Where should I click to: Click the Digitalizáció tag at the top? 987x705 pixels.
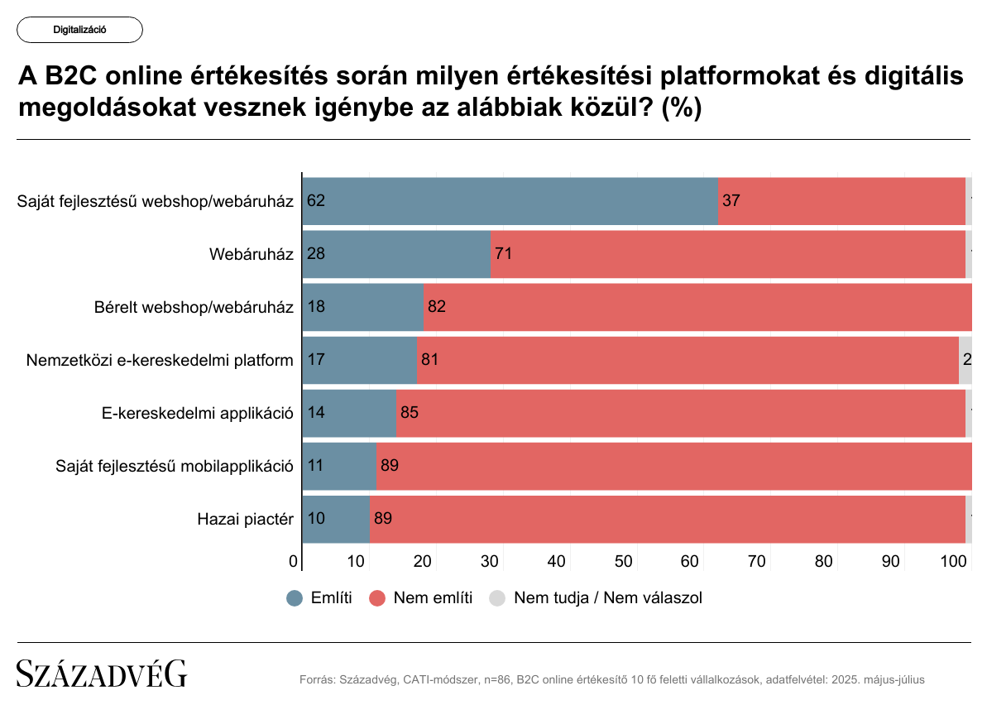coord(79,30)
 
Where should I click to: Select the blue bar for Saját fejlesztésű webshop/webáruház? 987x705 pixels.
coord(510,200)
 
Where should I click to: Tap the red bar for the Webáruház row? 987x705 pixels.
coord(728,253)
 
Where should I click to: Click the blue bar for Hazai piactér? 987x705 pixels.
coord(336,519)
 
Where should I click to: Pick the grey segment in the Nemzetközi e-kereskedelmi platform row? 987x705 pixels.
coord(965,360)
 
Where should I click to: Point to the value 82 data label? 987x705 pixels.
coord(437,307)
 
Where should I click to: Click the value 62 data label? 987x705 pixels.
coord(315,201)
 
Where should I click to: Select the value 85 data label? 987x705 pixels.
coord(410,413)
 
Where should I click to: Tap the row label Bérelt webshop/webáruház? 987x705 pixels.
coord(194,307)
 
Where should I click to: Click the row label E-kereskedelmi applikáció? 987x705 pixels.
coord(192,413)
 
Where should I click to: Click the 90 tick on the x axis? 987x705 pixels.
coord(890,562)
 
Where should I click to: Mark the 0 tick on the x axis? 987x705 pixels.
coord(294,562)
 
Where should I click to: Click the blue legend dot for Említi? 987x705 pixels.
coord(295,598)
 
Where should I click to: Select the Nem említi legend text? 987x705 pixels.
coord(433,598)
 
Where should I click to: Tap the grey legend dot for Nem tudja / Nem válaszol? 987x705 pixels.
coord(498,598)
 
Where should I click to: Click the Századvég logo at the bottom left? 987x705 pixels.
coord(102,674)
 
